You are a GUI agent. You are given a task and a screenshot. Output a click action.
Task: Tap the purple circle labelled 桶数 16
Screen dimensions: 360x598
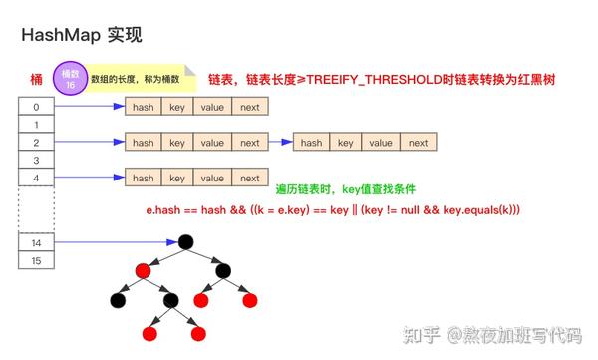pos(69,78)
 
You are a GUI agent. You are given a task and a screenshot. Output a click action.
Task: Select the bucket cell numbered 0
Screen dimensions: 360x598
pos(37,107)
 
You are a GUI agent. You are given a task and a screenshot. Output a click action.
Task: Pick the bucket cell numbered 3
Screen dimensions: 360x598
pos(37,160)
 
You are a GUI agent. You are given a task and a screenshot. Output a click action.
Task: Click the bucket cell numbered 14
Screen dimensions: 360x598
pos(37,242)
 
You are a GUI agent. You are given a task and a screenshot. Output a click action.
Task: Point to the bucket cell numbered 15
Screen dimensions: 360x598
pos(37,260)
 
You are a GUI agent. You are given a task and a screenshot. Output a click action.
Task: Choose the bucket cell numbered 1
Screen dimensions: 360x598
pos(37,125)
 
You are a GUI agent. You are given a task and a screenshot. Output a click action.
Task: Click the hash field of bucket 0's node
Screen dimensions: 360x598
pos(143,107)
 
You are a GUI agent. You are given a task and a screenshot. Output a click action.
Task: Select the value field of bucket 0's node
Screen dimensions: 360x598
pos(211,107)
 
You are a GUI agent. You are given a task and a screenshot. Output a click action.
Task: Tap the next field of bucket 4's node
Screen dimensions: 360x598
pos(250,179)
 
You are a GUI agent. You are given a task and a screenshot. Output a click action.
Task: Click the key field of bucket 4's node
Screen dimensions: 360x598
pos(177,179)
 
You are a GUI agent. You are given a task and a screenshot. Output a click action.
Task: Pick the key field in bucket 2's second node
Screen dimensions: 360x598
pos(345,143)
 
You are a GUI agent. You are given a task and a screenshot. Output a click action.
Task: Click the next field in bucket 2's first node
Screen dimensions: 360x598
pos(250,143)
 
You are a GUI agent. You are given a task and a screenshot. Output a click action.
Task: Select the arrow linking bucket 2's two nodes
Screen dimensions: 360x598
pos(281,143)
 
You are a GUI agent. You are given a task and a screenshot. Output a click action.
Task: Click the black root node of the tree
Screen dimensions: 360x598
pos(185,242)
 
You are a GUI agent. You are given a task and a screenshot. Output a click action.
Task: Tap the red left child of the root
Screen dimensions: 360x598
pos(145,270)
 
